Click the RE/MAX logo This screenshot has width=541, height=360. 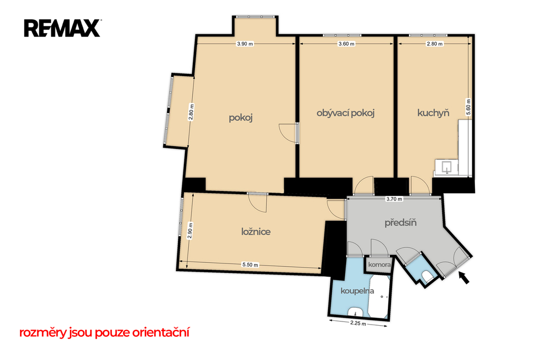point(62,29)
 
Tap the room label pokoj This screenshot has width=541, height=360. point(241,118)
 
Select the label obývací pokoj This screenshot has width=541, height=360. point(346,113)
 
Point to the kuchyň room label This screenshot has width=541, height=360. point(433,113)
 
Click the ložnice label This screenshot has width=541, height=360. point(256,231)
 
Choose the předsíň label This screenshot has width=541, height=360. point(400,223)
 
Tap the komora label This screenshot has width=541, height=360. point(379,265)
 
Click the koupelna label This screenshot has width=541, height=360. point(357,291)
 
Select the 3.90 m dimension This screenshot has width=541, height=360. point(245,44)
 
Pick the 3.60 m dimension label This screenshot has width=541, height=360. point(346,44)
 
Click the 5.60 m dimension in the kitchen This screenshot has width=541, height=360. point(468,107)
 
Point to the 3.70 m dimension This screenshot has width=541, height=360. point(394,199)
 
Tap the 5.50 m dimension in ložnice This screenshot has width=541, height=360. point(250,265)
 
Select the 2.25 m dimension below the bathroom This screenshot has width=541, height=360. point(358,324)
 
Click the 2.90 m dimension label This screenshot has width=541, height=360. point(190,231)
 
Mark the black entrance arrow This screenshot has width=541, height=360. point(464,277)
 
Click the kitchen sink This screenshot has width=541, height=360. point(446,167)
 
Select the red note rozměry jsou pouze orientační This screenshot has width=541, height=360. point(104,333)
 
